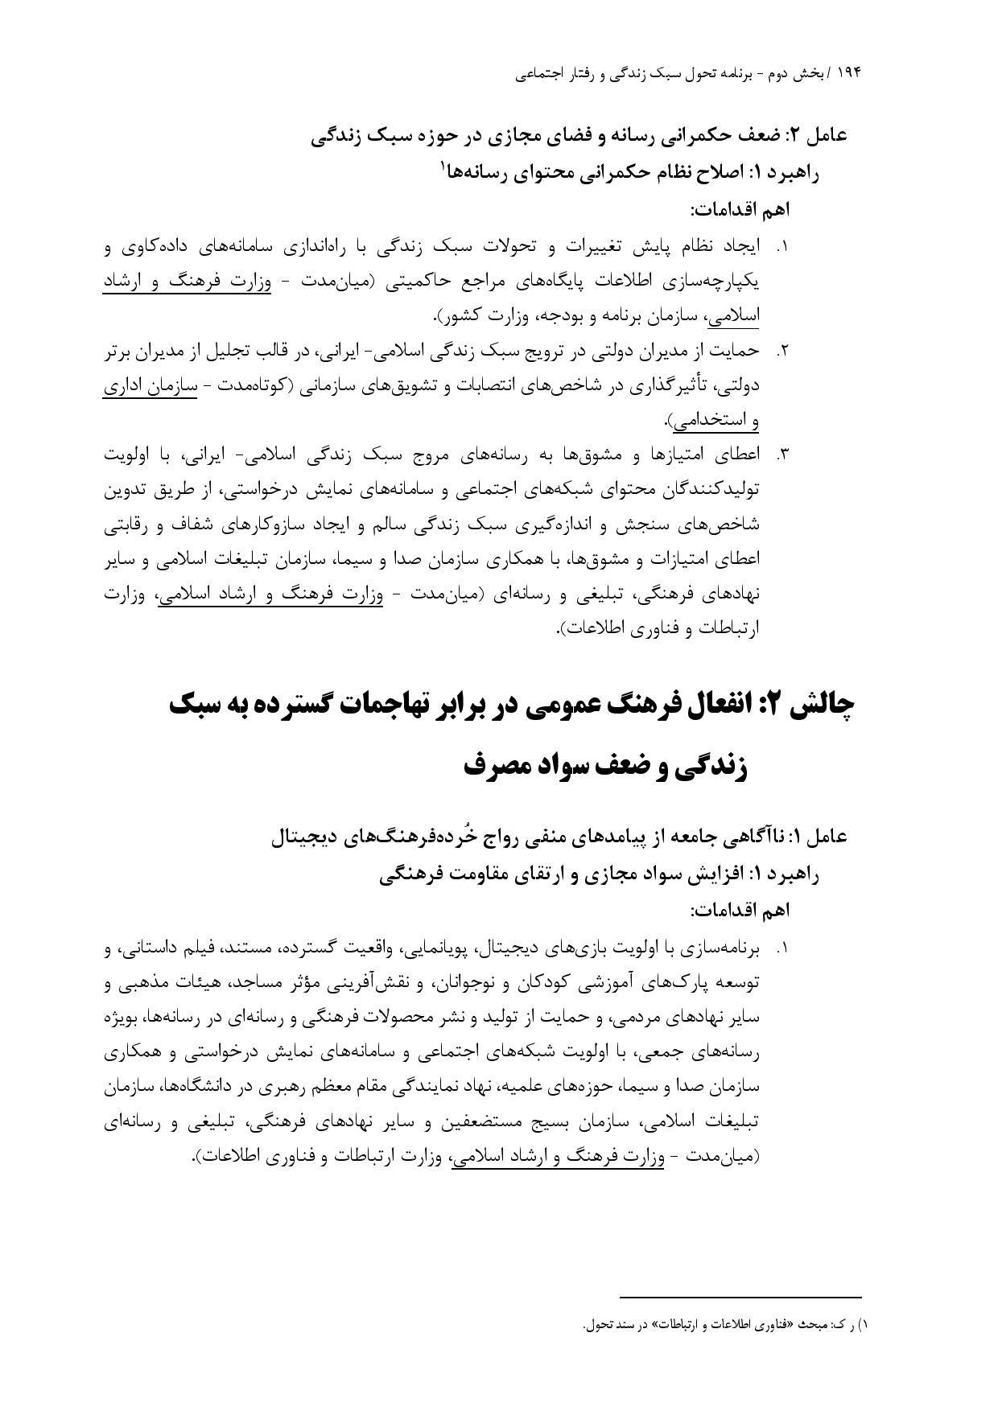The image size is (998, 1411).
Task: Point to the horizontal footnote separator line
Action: coord(740,1297)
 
